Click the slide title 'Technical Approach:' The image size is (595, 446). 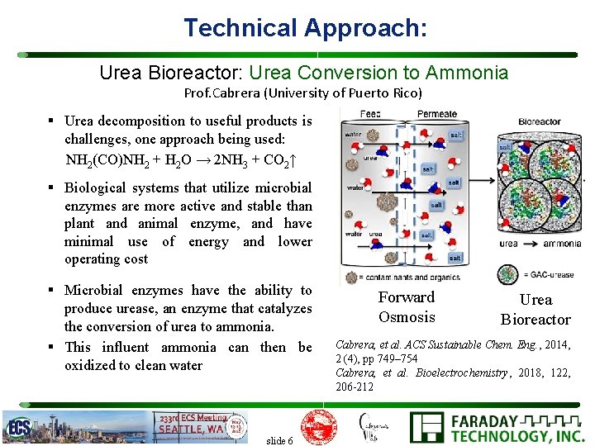[x=305, y=27]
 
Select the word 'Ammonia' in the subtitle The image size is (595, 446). [x=474, y=73]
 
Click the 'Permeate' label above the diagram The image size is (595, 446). [x=436, y=114]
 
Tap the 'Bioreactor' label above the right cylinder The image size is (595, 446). [x=539, y=121]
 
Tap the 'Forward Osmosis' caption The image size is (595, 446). [x=406, y=307]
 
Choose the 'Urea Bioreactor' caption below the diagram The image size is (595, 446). [x=535, y=310]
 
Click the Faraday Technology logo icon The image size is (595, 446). [x=428, y=428]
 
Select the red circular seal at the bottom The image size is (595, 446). [x=317, y=426]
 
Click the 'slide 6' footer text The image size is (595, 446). [x=279, y=440]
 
